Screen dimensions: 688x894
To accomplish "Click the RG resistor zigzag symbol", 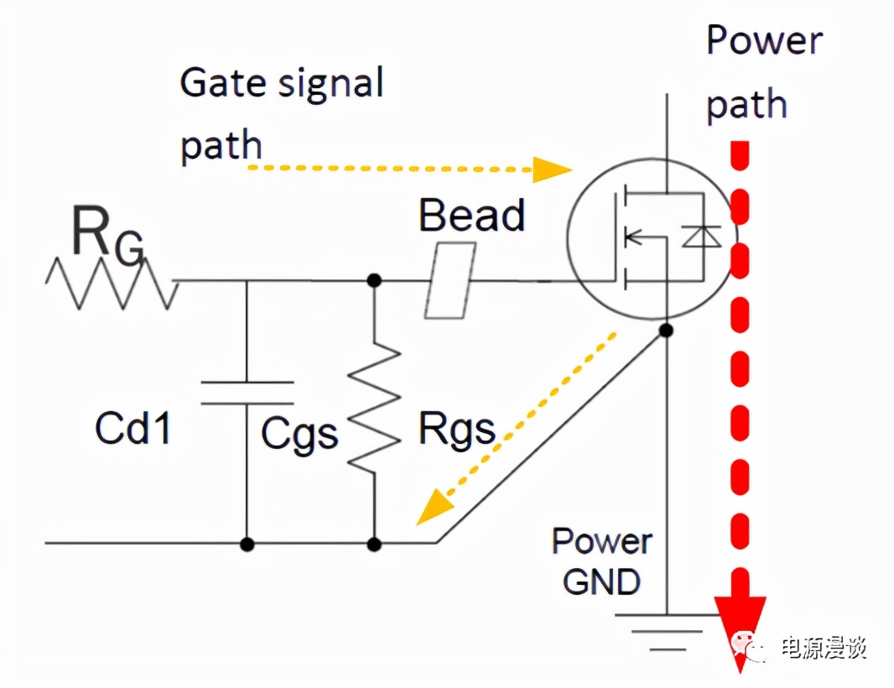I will click(112, 282).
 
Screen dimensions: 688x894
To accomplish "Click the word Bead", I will click(471, 215).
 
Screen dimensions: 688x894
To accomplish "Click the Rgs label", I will click(456, 430).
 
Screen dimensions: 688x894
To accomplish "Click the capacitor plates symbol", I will click(247, 393).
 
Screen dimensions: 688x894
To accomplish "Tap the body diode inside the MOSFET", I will click(701, 237).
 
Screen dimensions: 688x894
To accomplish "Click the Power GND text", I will click(601, 560).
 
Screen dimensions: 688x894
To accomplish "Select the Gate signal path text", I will click(282, 113).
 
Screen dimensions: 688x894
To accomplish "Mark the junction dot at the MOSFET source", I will click(666, 330).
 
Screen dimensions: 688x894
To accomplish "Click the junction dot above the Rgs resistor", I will click(374, 280).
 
